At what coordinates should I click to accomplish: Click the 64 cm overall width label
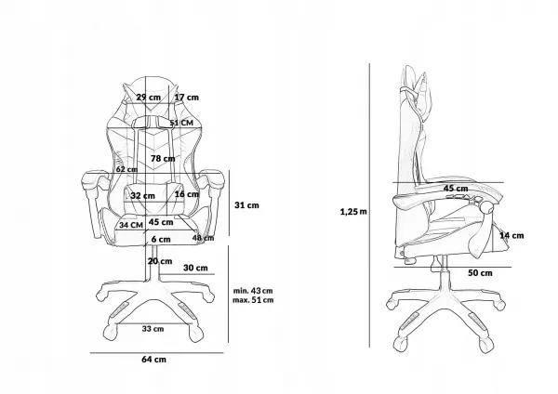point(153,359)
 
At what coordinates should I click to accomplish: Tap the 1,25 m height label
point(353,212)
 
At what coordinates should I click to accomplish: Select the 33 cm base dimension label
point(153,329)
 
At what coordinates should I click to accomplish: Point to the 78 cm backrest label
point(163,158)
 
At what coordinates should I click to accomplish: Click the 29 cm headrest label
point(149,97)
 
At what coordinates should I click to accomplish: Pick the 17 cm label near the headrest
point(187,97)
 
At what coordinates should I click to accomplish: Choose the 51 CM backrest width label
point(181,123)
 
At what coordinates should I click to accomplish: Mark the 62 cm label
point(126,169)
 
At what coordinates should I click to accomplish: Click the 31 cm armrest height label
point(246,205)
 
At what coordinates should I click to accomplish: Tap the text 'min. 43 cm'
point(253,291)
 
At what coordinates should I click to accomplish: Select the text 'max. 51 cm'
point(253,300)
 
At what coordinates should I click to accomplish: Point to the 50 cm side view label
point(480,273)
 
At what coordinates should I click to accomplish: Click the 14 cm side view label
point(511,235)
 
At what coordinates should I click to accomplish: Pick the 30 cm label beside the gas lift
point(195,268)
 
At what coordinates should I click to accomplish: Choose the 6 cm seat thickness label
point(161,240)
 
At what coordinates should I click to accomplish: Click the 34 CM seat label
point(131,225)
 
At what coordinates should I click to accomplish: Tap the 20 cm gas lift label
point(160,261)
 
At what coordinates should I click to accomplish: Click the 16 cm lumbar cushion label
point(187,194)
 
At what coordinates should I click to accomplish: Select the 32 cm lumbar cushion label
point(142,195)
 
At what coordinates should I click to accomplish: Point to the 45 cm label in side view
point(456,189)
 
